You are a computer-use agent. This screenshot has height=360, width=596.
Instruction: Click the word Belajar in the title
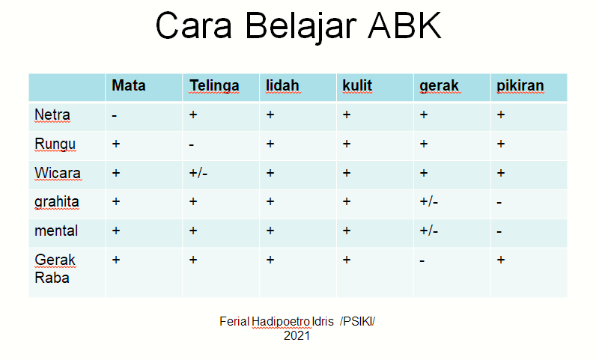pyautogui.click(x=301, y=27)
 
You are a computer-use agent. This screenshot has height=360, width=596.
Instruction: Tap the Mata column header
pyautogui.click(x=129, y=85)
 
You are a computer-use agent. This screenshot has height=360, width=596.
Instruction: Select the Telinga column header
pyautogui.click(x=214, y=86)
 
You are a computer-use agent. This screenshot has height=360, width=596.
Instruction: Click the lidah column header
pyautogui.click(x=282, y=85)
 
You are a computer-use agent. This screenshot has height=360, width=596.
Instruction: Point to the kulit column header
pyautogui.click(x=357, y=85)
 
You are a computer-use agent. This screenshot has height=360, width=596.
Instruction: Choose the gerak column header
pyautogui.click(x=439, y=86)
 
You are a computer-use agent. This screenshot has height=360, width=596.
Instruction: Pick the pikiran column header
pyautogui.click(x=520, y=86)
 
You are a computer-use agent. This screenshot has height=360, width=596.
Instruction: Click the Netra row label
pyautogui.click(x=52, y=115)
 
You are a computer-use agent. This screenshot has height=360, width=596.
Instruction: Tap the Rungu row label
pyautogui.click(x=55, y=144)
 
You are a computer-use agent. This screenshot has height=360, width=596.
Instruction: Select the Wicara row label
pyautogui.click(x=58, y=173)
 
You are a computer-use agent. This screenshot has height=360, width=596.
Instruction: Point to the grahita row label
pyautogui.click(x=57, y=202)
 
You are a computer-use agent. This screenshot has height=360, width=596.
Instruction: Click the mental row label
pyautogui.click(x=56, y=231)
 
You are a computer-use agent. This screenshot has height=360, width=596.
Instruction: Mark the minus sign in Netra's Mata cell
pyautogui.click(x=115, y=115)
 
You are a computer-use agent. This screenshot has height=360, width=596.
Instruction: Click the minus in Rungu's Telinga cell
pyautogui.click(x=192, y=145)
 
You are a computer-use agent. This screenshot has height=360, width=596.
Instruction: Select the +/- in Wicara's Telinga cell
pyautogui.click(x=198, y=174)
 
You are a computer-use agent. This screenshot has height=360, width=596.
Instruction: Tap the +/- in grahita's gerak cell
pyautogui.click(x=429, y=201)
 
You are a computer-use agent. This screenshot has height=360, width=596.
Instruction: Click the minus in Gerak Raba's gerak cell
pyautogui.click(x=422, y=260)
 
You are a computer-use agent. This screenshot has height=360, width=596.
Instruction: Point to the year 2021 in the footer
pyautogui.click(x=297, y=335)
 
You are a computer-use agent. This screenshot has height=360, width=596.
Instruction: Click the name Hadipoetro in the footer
pyautogui.click(x=281, y=322)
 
